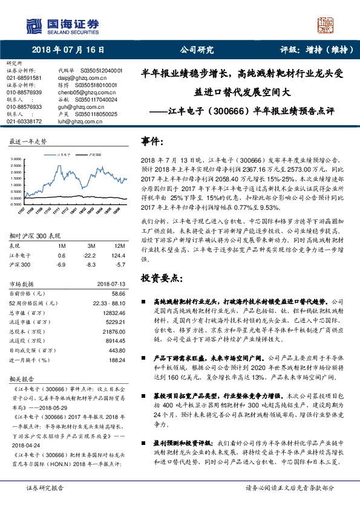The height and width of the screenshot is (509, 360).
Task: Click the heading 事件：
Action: (x=152, y=141)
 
